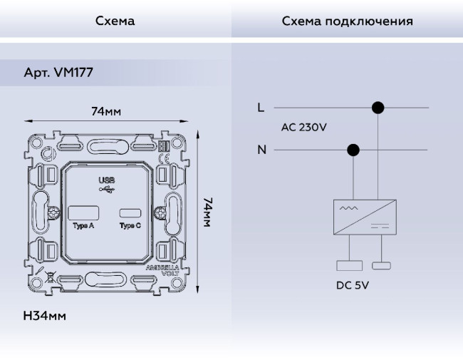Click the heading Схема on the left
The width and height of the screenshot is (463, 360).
click(115, 21)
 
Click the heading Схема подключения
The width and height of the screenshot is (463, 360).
click(347, 21)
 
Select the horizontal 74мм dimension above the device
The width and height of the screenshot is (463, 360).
click(105, 112)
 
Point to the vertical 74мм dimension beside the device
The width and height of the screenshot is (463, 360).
click(207, 212)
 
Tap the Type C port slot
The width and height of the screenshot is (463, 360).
click(130, 213)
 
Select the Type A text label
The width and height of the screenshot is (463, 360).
click(82, 226)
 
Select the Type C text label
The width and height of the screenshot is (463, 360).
click(130, 226)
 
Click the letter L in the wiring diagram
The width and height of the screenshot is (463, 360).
click(261, 108)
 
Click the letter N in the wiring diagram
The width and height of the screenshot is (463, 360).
click(261, 150)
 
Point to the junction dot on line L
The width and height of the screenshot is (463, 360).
click(378, 108)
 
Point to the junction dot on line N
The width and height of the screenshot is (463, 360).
click(352, 150)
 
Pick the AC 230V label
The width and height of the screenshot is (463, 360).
click(304, 128)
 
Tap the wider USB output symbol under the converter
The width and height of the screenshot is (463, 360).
click(350, 266)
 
